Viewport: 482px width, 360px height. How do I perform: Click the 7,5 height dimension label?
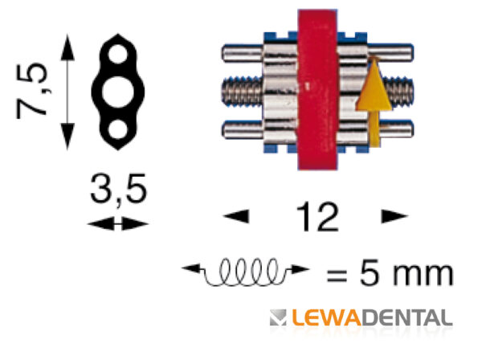(x=32, y=91)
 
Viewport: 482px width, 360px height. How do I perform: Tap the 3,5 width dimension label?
(x=119, y=189)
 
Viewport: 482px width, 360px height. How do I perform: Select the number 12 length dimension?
(x=317, y=216)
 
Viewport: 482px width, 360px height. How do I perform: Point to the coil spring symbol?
(x=246, y=272)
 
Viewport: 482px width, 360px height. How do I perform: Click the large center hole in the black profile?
(x=118, y=92)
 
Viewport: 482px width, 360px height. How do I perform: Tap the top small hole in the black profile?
(x=118, y=54)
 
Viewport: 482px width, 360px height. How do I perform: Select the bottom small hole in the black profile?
(x=118, y=129)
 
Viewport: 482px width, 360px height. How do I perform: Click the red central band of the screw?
(x=317, y=90)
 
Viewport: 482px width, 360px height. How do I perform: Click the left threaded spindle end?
(x=243, y=92)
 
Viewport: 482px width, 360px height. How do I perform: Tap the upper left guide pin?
(x=243, y=53)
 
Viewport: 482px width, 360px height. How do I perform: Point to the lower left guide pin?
(x=243, y=129)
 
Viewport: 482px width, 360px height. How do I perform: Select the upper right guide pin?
(x=390, y=52)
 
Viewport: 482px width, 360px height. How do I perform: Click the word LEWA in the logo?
(x=326, y=317)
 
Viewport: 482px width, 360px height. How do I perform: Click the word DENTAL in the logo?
(x=407, y=317)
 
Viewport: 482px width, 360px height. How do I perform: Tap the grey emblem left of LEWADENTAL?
(x=278, y=317)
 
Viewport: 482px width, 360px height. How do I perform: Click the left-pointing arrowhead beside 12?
(x=236, y=216)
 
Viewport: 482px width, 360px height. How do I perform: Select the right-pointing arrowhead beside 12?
(x=394, y=216)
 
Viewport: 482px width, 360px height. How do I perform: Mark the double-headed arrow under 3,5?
(x=118, y=223)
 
